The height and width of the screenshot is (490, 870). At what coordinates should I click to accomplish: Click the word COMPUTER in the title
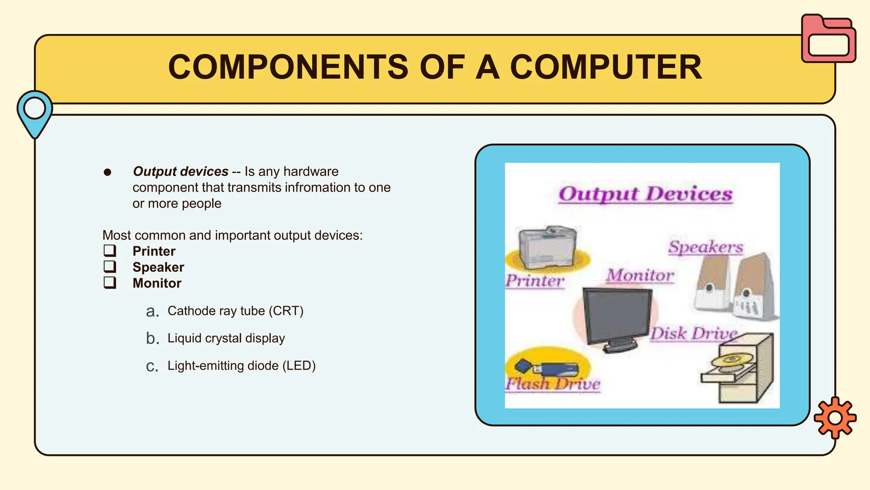click(x=606, y=67)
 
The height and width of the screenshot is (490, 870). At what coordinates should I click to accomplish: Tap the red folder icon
click(x=828, y=39)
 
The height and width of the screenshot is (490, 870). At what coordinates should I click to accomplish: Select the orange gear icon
click(x=835, y=418)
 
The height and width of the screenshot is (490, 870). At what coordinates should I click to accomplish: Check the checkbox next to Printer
click(x=110, y=251)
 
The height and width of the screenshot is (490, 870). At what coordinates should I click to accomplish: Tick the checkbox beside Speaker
click(x=110, y=267)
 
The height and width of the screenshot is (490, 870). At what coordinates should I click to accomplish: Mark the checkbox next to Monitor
click(x=110, y=282)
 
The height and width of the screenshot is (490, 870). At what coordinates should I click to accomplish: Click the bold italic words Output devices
click(x=181, y=171)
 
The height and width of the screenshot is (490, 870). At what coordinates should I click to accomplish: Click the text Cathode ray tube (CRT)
click(x=235, y=311)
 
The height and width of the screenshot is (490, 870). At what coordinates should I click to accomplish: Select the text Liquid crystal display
click(x=226, y=338)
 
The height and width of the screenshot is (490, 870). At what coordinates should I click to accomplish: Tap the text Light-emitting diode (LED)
click(x=241, y=366)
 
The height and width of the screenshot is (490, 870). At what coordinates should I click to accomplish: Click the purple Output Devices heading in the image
click(x=645, y=194)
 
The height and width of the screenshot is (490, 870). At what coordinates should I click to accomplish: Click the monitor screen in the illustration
click(x=617, y=315)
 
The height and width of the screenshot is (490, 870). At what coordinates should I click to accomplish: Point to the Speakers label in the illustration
click(x=706, y=247)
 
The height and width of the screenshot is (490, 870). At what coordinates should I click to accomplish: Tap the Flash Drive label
click(x=552, y=384)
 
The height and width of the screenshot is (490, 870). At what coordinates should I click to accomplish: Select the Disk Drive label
click(x=693, y=333)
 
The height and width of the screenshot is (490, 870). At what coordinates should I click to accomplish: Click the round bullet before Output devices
click(x=107, y=172)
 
